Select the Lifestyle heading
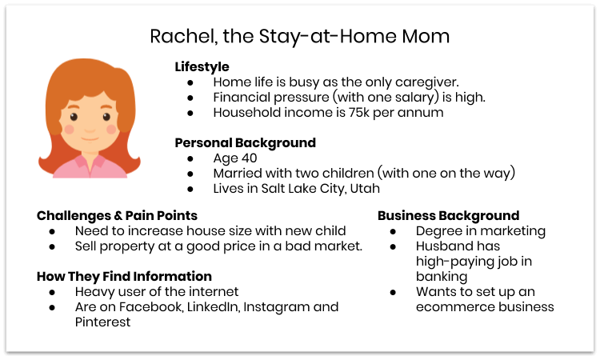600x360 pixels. pos(202,66)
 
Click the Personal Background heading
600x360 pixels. pos(245,143)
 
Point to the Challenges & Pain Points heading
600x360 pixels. pos(117,215)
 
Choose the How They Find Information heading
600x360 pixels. pos(124,276)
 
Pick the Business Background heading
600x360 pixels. pos(448,215)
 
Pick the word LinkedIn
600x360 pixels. pos(209,307)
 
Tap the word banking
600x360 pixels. pos(441,276)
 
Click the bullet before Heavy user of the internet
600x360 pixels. pos(52,292)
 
